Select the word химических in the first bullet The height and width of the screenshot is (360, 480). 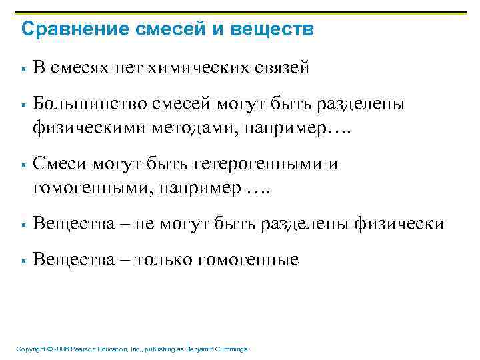tap(194, 67)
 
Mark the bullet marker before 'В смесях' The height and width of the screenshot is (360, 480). tap(23, 67)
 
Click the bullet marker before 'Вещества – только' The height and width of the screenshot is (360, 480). tap(23, 261)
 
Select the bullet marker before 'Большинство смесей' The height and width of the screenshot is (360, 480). tap(23, 104)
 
